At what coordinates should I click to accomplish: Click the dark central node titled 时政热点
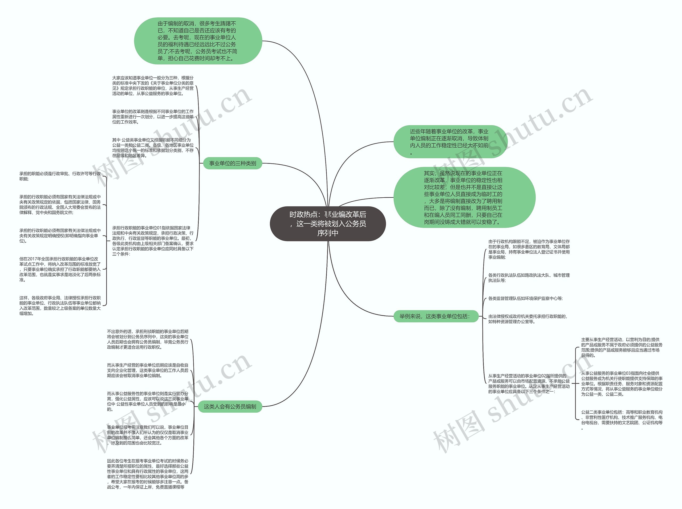coord(328,224)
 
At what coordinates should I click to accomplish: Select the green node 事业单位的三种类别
coord(232,163)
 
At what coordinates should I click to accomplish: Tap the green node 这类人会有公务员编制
coord(230,406)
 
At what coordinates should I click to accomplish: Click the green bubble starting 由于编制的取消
coord(198,41)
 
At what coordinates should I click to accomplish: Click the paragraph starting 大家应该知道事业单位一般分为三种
coord(153,86)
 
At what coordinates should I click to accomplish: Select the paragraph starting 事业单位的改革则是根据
coord(153,117)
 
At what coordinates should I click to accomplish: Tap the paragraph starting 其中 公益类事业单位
coord(153,148)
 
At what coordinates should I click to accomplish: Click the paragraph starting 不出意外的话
coord(148,339)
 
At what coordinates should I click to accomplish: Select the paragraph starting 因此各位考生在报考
coord(148,474)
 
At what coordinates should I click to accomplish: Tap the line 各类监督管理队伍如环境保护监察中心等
coord(525,298)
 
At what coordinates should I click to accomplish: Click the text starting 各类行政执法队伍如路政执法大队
coord(529,278)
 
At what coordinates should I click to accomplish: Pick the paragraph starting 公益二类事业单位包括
coord(622,420)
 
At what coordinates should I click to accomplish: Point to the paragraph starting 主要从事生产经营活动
coord(622,347)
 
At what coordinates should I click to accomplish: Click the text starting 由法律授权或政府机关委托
coord(527,319)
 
